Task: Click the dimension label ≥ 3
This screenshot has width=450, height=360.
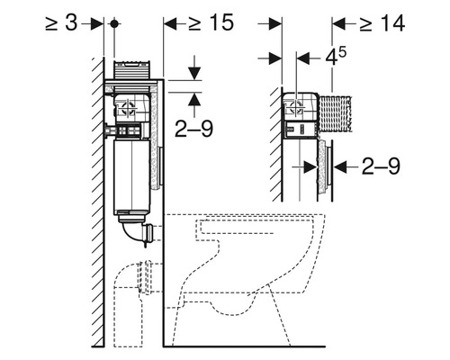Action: coord(61,23)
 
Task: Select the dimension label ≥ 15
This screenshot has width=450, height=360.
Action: coord(211,22)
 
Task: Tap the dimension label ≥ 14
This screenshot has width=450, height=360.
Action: coord(382,23)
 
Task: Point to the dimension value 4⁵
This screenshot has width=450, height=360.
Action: coord(336,57)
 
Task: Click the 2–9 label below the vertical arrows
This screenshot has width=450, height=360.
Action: coord(193,129)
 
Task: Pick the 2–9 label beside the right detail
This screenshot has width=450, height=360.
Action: coord(381,166)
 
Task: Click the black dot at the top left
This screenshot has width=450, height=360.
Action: coord(114,23)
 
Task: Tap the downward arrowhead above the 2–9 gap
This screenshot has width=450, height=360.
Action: coord(194,74)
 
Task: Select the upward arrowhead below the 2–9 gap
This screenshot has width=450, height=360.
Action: coord(194,99)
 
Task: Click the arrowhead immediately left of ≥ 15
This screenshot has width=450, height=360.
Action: coord(170,23)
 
